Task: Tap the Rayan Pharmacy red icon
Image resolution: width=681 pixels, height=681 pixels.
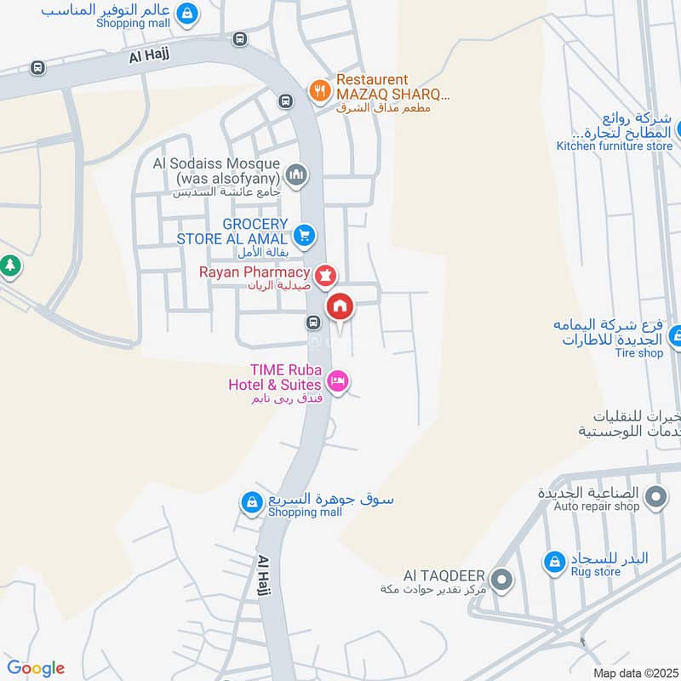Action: tap(325, 275)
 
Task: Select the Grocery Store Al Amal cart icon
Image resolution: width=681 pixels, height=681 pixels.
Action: tap(304, 235)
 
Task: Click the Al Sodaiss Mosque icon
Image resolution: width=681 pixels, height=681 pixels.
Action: tap(296, 175)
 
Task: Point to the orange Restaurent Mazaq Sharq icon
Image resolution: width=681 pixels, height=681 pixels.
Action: tap(319, 89)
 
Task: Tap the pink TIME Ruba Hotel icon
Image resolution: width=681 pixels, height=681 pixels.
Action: tap(338, 381)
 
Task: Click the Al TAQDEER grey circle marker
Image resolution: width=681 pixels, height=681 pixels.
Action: tap(502, 581)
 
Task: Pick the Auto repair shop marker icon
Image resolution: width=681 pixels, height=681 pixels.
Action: tap(655, 495)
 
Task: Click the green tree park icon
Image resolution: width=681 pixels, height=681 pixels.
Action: tap(10, 265)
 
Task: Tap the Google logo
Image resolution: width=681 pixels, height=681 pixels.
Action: tap(36, 668)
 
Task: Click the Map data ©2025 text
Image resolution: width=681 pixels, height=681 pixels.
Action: tap(633, 672)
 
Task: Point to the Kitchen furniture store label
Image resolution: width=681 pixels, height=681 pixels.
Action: tap(615, 146)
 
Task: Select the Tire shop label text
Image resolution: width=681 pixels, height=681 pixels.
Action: tap(638, 352)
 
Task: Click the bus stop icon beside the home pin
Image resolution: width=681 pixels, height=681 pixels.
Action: tap(313, 323)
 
